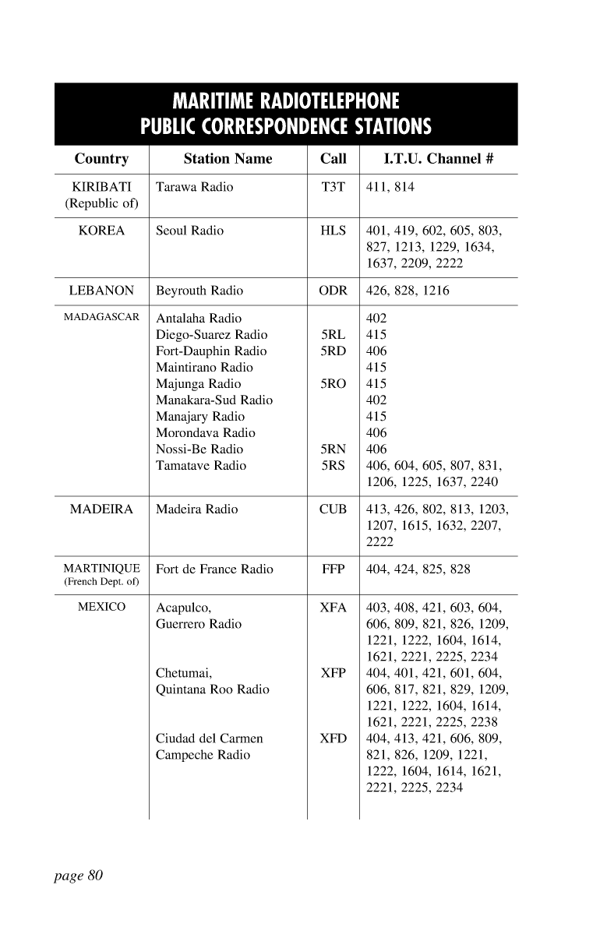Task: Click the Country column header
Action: coord(101,159)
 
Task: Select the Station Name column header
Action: coord(228,159)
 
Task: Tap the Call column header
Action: coord(333,159)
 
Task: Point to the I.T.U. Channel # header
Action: coord(439,159)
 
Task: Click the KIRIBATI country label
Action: coord(101,187)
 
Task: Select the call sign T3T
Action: coord(333,187)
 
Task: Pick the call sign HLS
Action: coord(333,231)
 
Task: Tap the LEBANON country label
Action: coord(101,291)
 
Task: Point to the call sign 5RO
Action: coord(333,384)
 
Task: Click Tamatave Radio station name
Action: coord(201,466)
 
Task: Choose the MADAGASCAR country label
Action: coord(101,318)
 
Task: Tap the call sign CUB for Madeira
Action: coord(333,509)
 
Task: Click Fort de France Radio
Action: coord(214,569)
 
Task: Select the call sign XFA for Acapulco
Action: coord(333,608)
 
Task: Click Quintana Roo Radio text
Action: coord(213,689)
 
